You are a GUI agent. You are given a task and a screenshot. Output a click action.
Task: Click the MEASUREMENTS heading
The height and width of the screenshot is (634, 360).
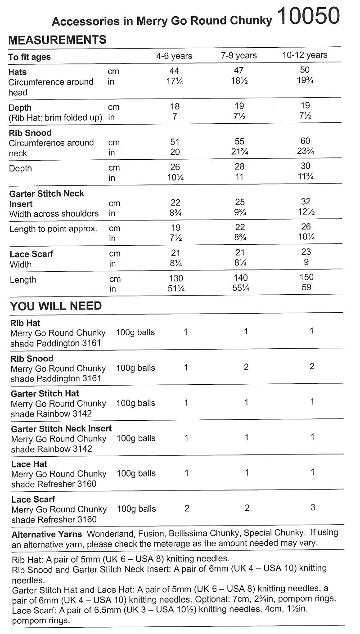tap(58, 40)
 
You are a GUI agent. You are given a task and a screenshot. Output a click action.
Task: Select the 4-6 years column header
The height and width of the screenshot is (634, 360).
tap(174, 56)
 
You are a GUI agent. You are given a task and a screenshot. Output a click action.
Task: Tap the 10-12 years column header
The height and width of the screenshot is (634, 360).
tap(305, 55)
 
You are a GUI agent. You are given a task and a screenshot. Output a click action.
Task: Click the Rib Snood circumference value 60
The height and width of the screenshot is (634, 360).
tap(305, 141)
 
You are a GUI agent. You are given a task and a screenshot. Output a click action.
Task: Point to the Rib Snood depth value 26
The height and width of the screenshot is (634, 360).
tap(175, 167)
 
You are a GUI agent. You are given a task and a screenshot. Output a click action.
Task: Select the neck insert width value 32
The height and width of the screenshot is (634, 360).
tap(306, 202)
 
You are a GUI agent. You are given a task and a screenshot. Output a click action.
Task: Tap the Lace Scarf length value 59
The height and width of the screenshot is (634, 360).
tap(306, 287)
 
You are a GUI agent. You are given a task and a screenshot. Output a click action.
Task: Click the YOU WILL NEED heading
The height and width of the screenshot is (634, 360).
tap(56, 306)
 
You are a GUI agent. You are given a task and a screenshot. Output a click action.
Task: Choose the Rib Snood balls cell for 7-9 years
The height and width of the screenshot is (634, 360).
tap(246, 367)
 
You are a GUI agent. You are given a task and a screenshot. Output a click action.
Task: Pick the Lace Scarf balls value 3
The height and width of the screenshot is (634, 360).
tap(313, 508)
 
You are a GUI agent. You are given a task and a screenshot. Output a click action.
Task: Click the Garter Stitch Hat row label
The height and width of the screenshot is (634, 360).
tap(45, 393)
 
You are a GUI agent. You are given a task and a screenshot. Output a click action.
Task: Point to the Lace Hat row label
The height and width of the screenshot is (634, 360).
tap(29, 464)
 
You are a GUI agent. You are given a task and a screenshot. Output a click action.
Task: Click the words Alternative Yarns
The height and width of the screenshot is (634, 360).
tap(47, 535)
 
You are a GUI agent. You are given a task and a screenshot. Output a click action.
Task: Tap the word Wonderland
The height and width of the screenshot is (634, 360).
tap(108, 534)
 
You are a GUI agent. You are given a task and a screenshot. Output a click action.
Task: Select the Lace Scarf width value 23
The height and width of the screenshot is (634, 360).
tap(306, 252)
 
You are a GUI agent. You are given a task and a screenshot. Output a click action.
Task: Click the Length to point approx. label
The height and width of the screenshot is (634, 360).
tap(54, 229)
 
